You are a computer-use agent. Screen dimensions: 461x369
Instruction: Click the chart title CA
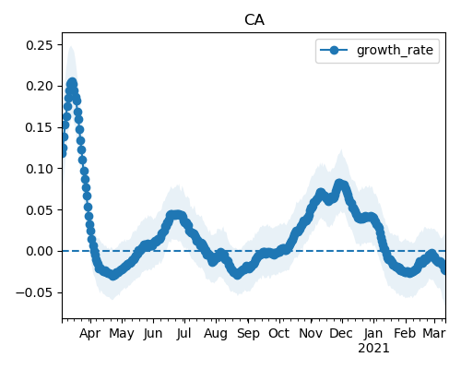(254, 20)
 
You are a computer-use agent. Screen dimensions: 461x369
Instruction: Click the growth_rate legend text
(395, 50)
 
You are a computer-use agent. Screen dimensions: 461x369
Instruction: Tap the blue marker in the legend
(334, 50)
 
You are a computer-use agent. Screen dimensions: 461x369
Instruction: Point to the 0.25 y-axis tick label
(40, 45)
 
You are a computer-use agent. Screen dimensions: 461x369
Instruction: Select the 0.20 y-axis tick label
(40, 86)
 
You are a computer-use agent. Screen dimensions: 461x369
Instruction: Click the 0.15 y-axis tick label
(40, 127)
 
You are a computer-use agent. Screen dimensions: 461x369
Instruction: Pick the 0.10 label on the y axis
(40, 169)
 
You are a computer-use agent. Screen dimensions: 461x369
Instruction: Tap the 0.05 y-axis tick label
(40, 210)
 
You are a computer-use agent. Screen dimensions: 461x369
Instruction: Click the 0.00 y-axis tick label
(40, 251)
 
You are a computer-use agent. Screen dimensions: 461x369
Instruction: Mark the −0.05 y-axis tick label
(34, 292)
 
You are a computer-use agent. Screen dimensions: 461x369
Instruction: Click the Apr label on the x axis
(90, 334)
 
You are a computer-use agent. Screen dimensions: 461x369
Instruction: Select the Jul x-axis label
(183, 333)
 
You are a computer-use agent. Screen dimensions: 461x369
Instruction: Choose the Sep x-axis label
(248, 334)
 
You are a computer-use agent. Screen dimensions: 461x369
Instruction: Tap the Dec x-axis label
(341, 333)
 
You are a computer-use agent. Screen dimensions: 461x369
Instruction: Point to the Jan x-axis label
(373, 333)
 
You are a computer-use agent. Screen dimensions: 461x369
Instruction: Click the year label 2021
(373, 349)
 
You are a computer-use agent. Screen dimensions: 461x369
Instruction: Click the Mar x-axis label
(434, 333)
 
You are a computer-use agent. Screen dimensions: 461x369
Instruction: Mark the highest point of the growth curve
(72, 82)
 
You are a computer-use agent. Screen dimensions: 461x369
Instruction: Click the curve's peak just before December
(339, 184)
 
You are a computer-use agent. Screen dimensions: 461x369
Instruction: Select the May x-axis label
(122, 334)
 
